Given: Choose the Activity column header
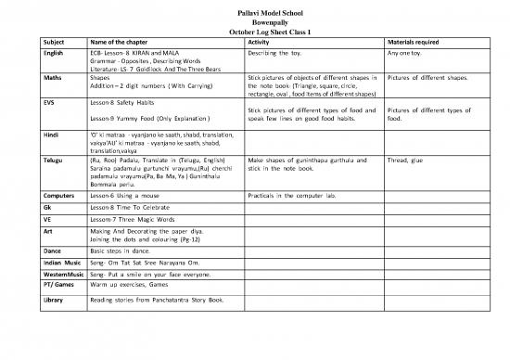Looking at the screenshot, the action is coord(260,40).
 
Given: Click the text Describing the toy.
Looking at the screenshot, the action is coord(279,52).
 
